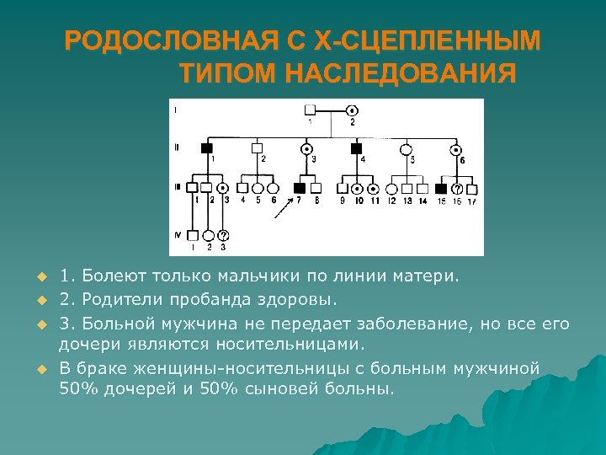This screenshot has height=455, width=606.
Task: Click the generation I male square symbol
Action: tap(310, 110)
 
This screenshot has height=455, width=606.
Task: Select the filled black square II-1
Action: tap(206, 148)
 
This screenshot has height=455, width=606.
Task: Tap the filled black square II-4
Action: tap(355, 148)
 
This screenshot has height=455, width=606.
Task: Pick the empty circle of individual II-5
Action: tap(407, 149)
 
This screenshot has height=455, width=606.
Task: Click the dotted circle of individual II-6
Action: tap(458, 149)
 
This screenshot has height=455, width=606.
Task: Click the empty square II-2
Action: tap(258, 148)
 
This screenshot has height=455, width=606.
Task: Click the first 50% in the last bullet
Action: tap(77, 390)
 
